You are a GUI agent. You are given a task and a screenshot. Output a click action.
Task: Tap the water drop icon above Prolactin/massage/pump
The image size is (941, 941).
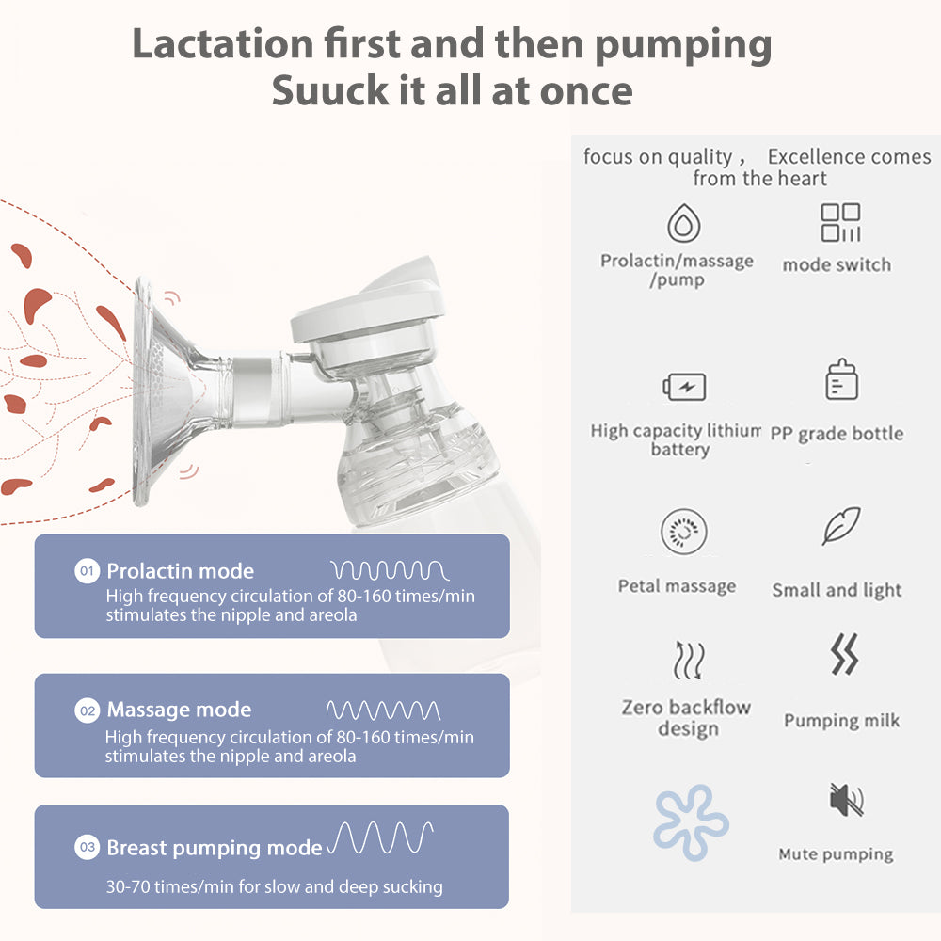point(683,224)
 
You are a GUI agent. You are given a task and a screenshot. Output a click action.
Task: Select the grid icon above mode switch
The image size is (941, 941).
point(840,223)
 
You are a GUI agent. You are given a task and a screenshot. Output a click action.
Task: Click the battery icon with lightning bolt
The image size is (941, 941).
point(684,387)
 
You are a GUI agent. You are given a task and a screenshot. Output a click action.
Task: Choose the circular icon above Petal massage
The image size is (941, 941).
point(684,533)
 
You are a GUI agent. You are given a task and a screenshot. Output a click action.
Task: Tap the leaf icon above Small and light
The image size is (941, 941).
point(840,526)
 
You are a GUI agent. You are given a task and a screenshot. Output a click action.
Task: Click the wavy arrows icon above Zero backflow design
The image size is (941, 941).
point(688,660)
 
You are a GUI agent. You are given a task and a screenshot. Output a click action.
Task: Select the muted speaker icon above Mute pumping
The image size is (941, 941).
point(845,800)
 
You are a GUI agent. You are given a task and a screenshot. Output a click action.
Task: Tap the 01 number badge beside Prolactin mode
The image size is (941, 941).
point(87,570)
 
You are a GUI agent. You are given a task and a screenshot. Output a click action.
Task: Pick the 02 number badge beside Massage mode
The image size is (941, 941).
point(87,710)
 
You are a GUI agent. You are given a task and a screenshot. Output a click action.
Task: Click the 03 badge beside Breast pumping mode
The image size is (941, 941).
point(87,848)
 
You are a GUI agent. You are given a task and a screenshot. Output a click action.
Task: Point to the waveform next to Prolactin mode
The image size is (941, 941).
point(390,570)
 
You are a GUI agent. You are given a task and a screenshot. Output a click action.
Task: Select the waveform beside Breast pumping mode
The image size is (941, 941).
point(380,837)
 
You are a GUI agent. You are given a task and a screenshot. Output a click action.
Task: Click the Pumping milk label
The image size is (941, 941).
point(841,721)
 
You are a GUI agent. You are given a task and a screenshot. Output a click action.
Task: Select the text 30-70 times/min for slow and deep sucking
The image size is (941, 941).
point(274,886)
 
